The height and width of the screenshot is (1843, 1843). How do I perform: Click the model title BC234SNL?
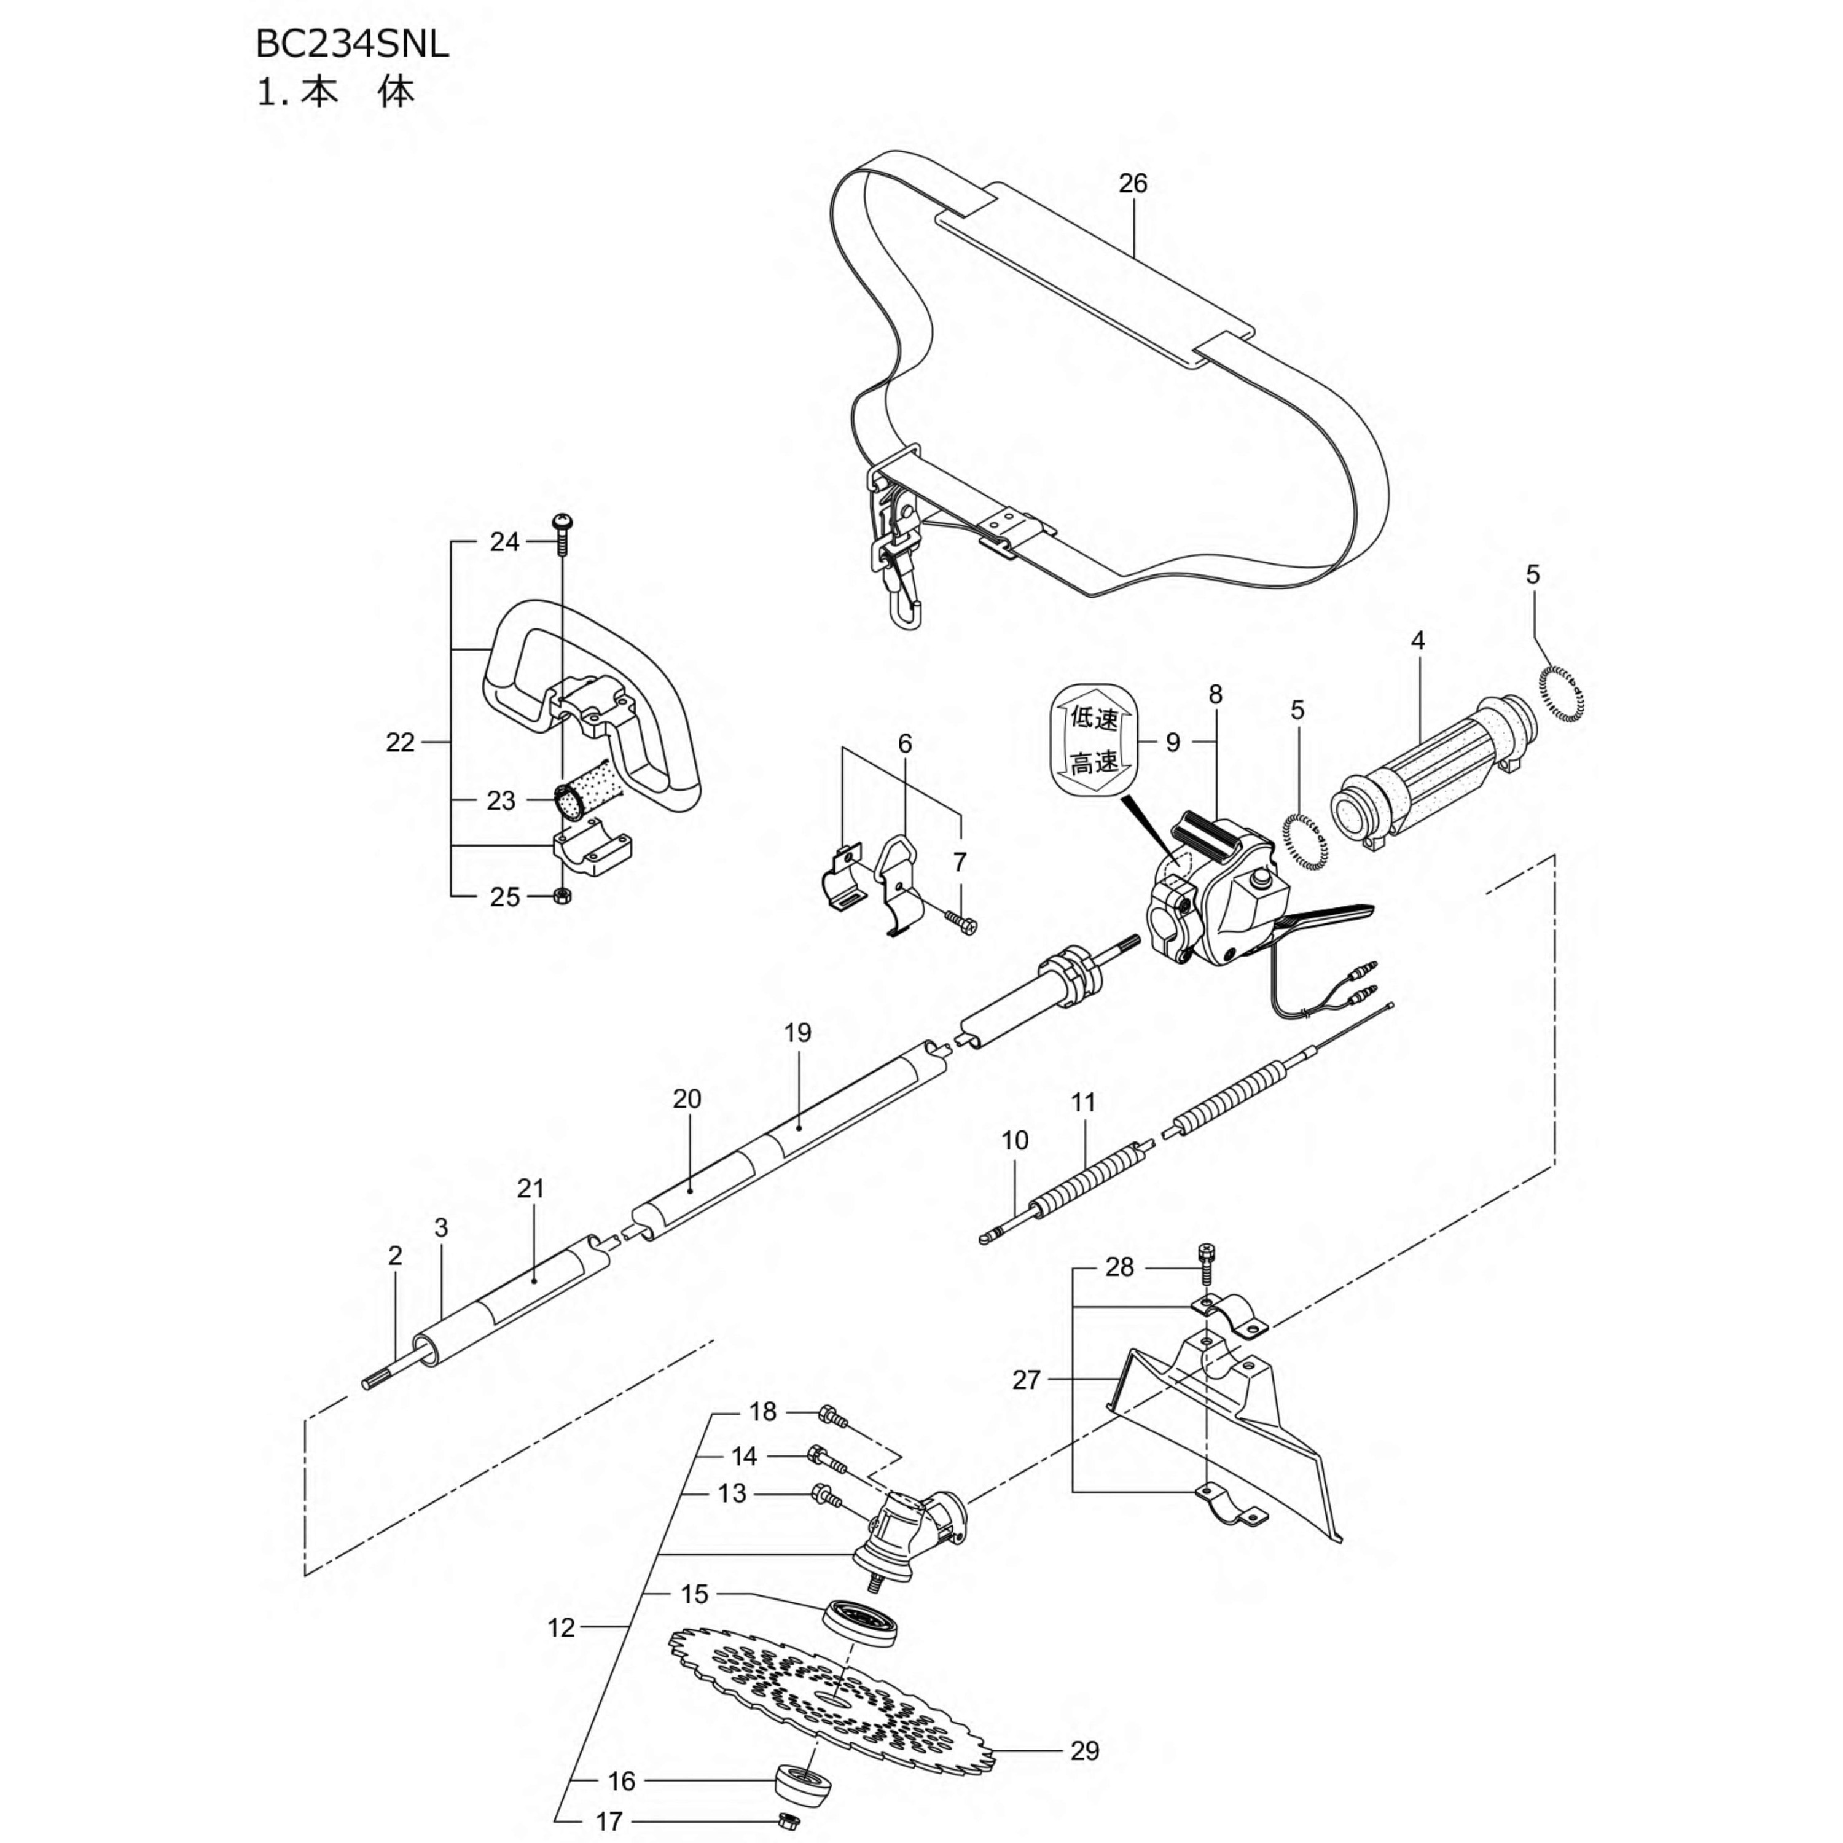(352, 45)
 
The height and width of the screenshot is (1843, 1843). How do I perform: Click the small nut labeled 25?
(563, 895)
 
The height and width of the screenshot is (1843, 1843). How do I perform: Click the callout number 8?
(1215, 694)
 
